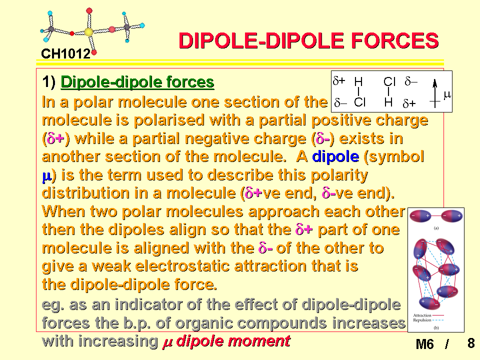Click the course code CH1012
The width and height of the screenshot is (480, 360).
[x=66, y=54]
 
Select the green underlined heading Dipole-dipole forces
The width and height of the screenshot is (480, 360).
[x=137, y=82]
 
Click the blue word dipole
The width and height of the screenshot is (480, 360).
[x=335, y=156]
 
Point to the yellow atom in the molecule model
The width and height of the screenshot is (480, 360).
[x=88, y=32]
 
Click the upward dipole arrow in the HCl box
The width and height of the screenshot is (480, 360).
[x=434, y=93]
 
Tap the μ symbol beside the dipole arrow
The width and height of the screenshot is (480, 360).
[x=447, y=94]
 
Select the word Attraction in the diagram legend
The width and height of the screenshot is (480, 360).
[x=422, y=315]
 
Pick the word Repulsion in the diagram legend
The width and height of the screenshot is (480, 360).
[x=422, y=320]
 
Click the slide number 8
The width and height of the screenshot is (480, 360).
[x=471, y=343]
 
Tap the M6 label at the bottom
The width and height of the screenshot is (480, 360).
[x=424, y=344]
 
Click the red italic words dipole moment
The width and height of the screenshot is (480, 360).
[x=233, y=341]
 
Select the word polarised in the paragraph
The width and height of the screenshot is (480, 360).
[x=169, y=120]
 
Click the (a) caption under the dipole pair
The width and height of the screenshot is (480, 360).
[x=436, y=228]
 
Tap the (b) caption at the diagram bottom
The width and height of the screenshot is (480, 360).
[x=436, y=327]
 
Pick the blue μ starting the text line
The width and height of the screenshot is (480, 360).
[x=46, y=176]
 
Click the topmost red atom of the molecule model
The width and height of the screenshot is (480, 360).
[x=89, y=11]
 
